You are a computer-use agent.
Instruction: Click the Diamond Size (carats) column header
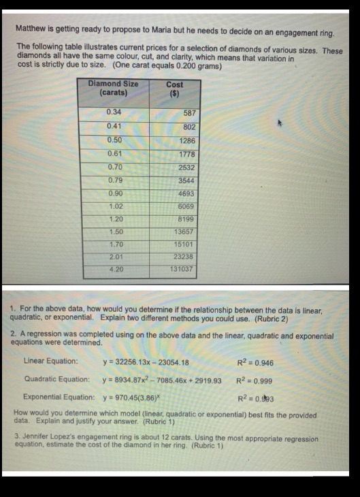113,88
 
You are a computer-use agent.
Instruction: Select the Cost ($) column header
174,89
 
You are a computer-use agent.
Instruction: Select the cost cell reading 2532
186,167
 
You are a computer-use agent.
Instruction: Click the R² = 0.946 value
256,362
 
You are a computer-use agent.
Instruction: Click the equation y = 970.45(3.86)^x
133,396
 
